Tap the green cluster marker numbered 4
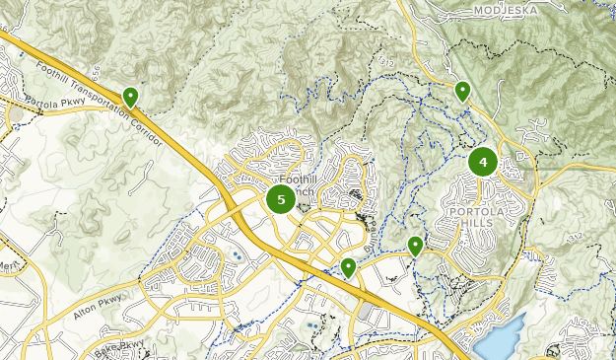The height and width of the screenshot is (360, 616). click(x=483, y=162)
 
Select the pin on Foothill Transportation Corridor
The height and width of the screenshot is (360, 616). click(x=130, y=97)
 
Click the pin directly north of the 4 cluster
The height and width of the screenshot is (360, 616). click(x=462, y=91)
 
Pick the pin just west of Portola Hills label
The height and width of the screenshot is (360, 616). click(x=416, y=245)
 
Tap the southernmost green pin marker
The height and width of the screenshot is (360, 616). click(x=347, y=266)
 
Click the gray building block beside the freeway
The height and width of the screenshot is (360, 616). click(x=365, y=312)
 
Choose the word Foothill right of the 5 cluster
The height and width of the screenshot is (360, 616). click(x=299, y=180)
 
